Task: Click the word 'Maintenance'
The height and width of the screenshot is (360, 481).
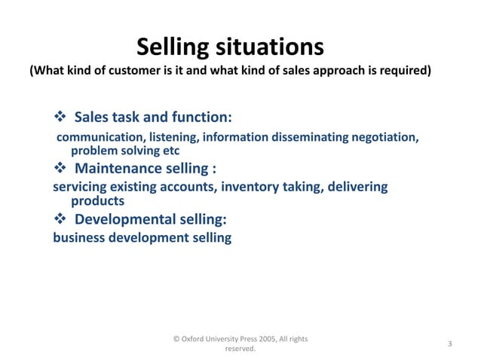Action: click(x=126, y=168)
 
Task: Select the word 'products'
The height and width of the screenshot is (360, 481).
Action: click(x=97, y=200)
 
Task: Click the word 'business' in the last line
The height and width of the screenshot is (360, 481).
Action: click(x=80, y=238)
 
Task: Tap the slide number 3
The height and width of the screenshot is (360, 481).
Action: click(x=449, y=344)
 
